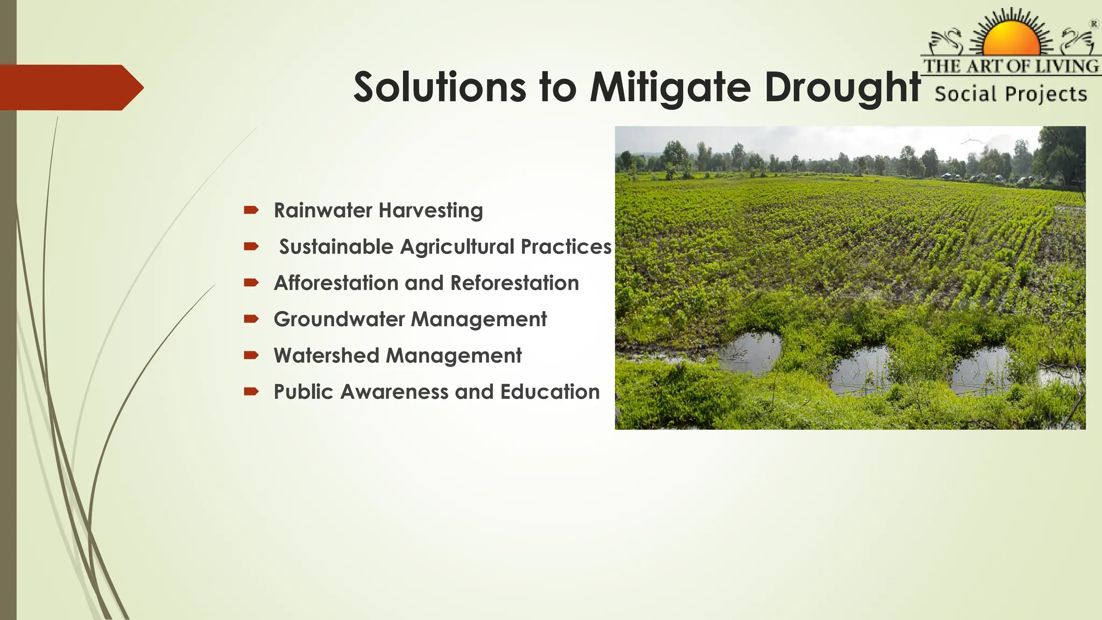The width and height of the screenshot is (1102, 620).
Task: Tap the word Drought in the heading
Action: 842,87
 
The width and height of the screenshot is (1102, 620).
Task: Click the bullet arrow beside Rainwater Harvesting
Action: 251,210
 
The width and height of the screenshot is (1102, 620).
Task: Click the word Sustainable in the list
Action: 336,246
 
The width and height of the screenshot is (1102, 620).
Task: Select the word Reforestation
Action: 514,283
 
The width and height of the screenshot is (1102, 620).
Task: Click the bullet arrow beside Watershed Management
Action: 251,355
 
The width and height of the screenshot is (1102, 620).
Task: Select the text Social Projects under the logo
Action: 1011,94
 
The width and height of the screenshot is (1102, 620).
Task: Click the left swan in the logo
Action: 947,41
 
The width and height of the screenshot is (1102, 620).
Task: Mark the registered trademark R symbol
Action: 1094,24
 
